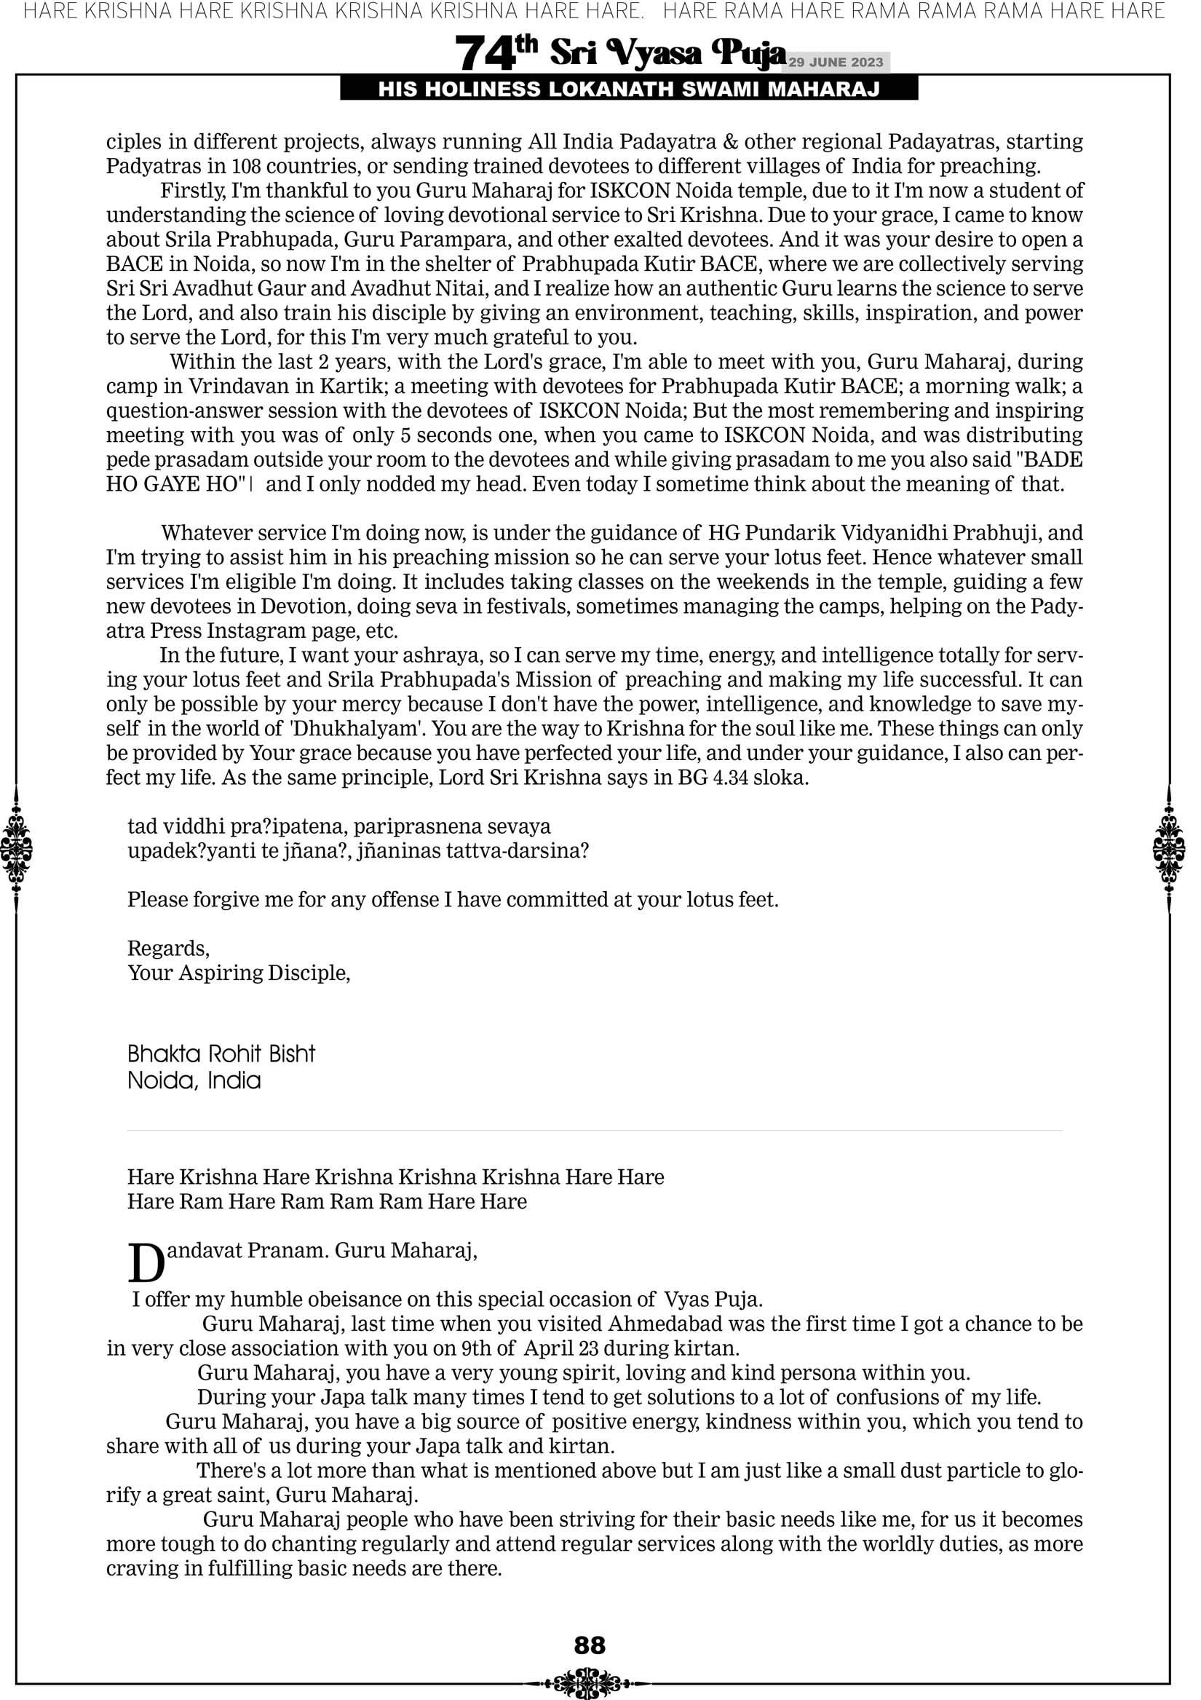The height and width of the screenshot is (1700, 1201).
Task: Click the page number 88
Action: coord(590,1645)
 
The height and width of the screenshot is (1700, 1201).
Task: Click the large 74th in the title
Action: coord(496,53)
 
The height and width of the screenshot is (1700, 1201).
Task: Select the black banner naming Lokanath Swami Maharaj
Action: coord(629,90)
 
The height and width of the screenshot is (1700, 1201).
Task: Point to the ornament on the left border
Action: coord(16,848)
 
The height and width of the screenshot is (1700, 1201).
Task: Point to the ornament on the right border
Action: coord(1169,848)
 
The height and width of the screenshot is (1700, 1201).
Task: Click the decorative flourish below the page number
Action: coord(590,1683)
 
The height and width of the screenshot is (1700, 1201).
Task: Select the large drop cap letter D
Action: coord(146,1264)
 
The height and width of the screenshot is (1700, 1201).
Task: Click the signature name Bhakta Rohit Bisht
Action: coord(221,1053)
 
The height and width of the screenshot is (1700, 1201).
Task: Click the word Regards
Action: coord(168,949)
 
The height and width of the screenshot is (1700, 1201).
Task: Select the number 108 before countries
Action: coord(247,166)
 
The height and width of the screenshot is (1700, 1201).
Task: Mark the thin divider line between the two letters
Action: coord(594,1131)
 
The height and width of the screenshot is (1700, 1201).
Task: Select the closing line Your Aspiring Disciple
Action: coord(239,973)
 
